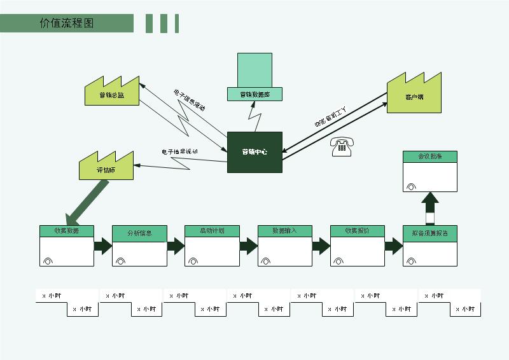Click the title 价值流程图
coord(67,24)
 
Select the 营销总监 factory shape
coord(112,93)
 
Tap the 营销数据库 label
coord(254,95)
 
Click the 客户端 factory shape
coord(414,95)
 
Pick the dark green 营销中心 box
coord(254,152)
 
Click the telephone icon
coord(342,147)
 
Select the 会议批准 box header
coord(430,156)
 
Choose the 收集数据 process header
coord(67,231)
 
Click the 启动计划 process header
coord(212,231)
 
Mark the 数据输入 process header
coord(284,231)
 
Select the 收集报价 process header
coord(357,231)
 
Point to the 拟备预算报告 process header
coord(430,233)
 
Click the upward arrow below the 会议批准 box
coord(430,207)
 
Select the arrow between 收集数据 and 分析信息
coord(103,246)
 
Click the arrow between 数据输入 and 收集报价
coord(321,246)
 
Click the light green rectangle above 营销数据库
coord(254,70)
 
